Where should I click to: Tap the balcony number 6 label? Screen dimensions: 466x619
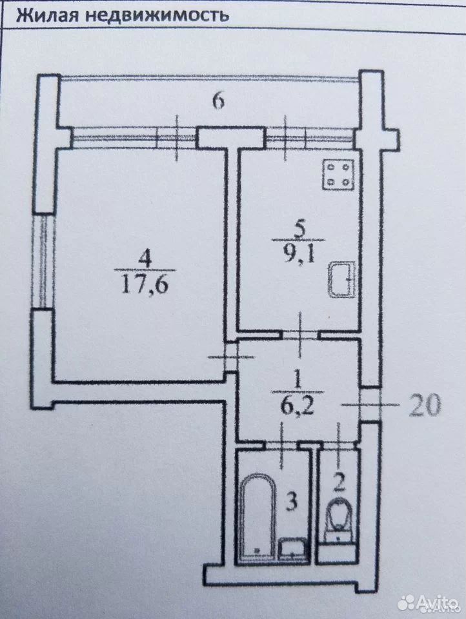(x=218, y=101)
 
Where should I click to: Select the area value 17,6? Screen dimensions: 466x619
(x=145, y=284)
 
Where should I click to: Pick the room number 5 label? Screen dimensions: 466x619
(x=299, y=230)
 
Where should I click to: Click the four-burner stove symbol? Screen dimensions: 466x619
(x=338, y=175)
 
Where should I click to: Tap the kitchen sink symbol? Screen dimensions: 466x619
(x=342, y=280)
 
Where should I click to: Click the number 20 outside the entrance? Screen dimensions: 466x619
(x=424, y=406)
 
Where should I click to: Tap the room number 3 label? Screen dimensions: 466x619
(x=291, y=502)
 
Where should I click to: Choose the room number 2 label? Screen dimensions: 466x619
(x=339, y=482)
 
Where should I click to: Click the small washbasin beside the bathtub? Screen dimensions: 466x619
(x=292, y=549)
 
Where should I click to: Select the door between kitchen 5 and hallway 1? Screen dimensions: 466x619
(x=300, y=335)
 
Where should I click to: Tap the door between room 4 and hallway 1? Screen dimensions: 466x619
(x=230, y=357)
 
